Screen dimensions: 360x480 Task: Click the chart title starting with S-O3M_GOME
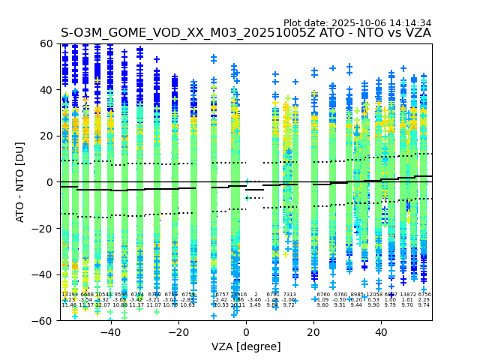pos(245,33)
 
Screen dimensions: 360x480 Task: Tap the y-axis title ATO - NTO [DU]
pos(20,182)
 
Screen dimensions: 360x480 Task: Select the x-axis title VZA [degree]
pos(246,346)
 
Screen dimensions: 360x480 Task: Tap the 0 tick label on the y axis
pos(52,182)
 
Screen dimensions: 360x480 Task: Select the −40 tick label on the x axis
pos(110,332)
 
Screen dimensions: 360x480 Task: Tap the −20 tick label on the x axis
pos(178,332)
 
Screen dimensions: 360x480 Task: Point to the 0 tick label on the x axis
pos(246,332)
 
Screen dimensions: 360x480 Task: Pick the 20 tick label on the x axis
pos(313,332)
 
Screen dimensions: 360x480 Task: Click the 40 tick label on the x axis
pos(381,332)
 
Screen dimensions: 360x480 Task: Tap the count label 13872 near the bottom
pos(407,295)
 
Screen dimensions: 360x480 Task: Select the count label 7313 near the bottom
pos(289,295)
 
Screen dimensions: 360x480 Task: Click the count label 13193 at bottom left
pos(69,295)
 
